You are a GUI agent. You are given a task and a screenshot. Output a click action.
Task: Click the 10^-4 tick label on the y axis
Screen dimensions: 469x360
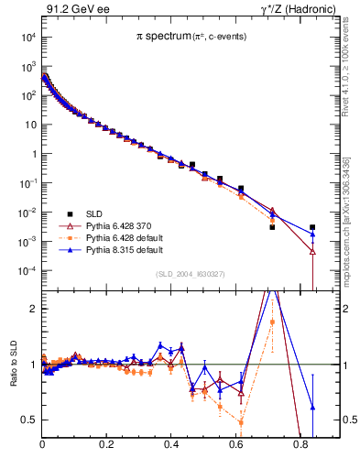tap(27, 271)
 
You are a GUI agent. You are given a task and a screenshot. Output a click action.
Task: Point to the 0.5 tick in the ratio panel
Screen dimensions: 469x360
tap(30, 420)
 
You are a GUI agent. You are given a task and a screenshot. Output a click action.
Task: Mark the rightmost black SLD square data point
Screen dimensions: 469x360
tap(312, 227)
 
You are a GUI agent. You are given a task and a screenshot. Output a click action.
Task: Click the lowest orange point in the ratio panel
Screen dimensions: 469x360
tap(240, 422)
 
